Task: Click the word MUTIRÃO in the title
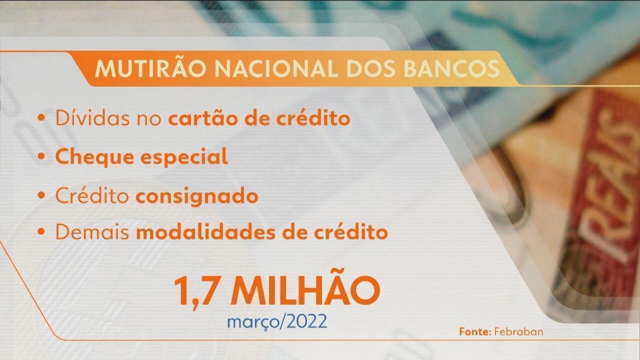pyautogui.click(x=150, y=68)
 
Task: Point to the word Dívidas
pyautogui.click(x=92, y=118)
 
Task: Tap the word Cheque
pyautogui.click(x=95, y=157)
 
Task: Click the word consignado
pyautogui.click(x=197, y=197)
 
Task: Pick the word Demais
pyautogui.click(x=92, y=233)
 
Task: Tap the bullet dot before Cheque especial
pyautogui.click(x=42, y=156)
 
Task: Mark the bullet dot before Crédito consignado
pyautogui.click(x=42, y=195)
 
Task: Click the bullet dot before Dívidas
pyautogui.click(x=42, y=117)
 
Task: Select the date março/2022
pyautogui.click(x=277, y=322)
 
